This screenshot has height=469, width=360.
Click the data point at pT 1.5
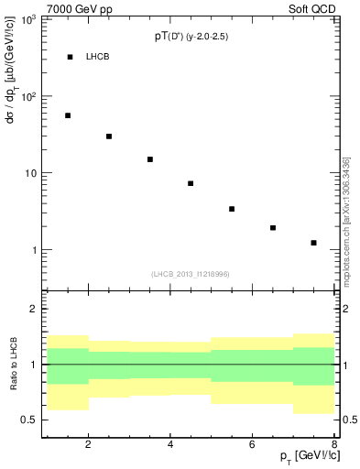tap(68, 115)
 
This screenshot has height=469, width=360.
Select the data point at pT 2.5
tap(109, 136)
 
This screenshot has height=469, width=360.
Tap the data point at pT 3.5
tap(150, 159)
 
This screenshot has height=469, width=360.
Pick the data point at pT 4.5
tap(191, 183)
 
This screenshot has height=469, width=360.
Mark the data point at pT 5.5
tap(232, 209)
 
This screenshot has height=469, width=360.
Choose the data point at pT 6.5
tap(273, 228)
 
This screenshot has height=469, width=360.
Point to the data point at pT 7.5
tap(313, 243)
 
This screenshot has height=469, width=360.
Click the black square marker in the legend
tap(70, 57)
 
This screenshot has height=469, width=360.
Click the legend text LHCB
tap(98, 57)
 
